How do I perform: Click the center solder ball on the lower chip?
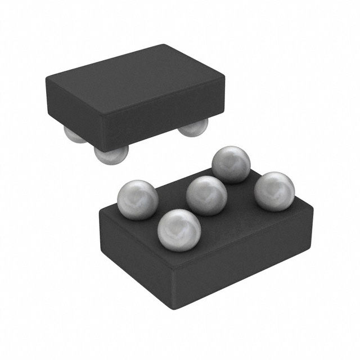click(x=206, y=195)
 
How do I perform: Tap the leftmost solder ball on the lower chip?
click(x=138, y=200)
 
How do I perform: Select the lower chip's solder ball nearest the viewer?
click(x=179, y=229)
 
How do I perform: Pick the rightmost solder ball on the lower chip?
click(x=274, y=191)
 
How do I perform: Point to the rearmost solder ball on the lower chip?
click(x=231, y=164)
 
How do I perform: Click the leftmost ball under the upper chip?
click(x=74, y=136)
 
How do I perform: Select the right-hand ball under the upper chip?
click(x=193, y=128)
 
